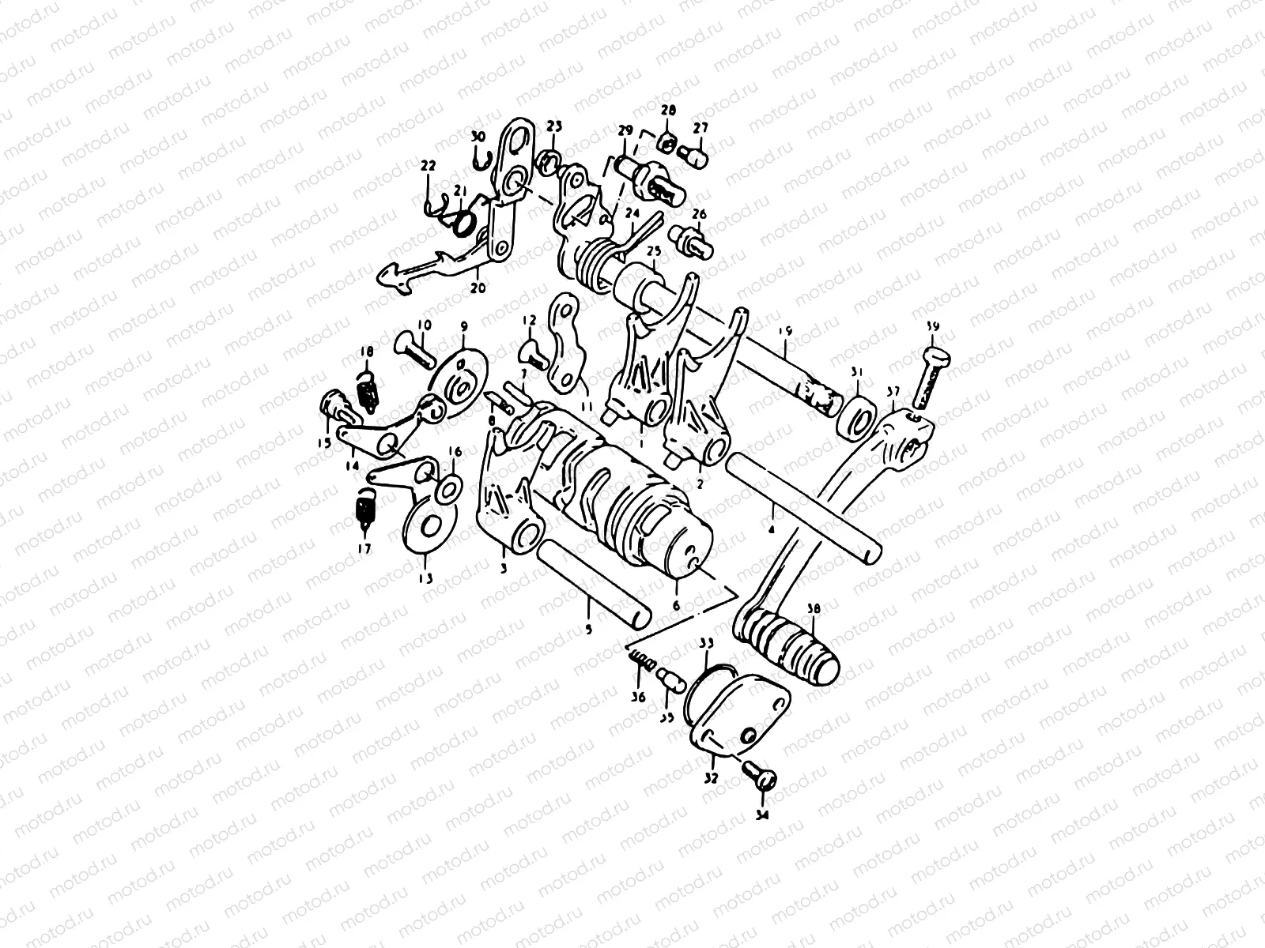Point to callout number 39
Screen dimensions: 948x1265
coord(933,326)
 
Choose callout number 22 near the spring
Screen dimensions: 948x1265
coord(428,165)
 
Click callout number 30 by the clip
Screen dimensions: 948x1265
coord(499,137)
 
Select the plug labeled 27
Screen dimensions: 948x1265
coord(696,155)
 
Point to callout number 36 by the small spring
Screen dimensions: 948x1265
coord(637,696)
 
